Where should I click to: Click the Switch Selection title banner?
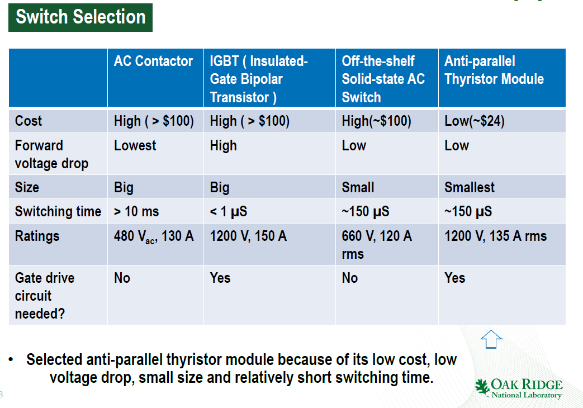click(x=80, y=17)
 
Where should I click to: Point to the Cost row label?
click(x=29, y=121)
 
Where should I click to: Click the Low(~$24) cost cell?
click(x=475, y=121)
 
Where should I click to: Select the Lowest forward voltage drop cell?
click(x=135, y=145)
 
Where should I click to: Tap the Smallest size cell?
click(x=470, y=187)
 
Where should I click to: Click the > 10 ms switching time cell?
click(x=136, y=211)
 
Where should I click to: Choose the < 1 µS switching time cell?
click(x=228, y=211)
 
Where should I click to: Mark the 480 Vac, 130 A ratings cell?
click(x=154, y=236)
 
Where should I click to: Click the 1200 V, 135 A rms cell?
click(x=496, y=236)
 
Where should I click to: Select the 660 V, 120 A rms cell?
click(x=377, y=245)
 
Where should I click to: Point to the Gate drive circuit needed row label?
click(x=45, y=296)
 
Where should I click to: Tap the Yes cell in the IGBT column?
click(x=220, y=278)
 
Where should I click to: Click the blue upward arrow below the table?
click(x=491, y=339)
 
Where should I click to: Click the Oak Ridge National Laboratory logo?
click(x=519, y=388)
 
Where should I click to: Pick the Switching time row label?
click(x=58, y=211)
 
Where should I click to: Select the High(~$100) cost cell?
click(x=376, y=121)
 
